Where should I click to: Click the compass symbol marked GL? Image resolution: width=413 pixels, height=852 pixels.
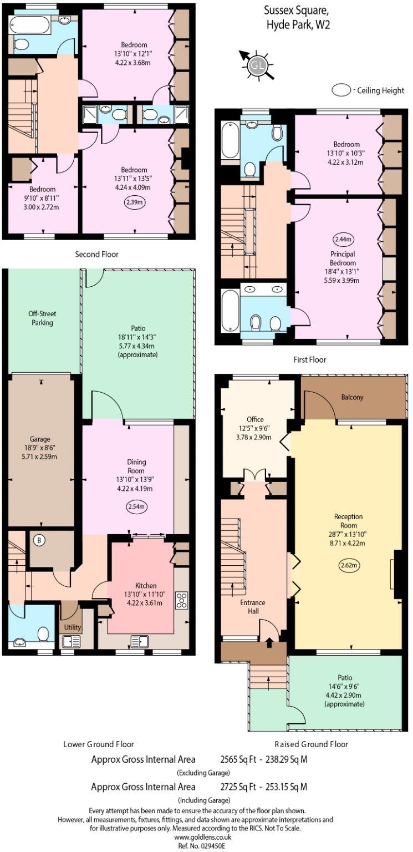(x=256, y=64)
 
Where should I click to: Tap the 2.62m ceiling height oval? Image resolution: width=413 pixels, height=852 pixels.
(x=347, y=566)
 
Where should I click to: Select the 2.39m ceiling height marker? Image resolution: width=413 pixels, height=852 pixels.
(x=134, y=203)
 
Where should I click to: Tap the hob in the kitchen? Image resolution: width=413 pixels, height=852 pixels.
(x=181, y=600)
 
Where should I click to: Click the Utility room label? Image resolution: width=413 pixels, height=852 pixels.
(x=73, y=627)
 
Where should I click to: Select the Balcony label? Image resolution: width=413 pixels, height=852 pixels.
(x=353, y=397)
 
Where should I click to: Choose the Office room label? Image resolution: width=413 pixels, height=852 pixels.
(x=255, y=419)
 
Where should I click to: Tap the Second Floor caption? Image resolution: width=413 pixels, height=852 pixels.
(x=97, y=254)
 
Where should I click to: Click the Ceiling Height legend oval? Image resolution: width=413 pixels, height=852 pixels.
(x=341, y=90)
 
